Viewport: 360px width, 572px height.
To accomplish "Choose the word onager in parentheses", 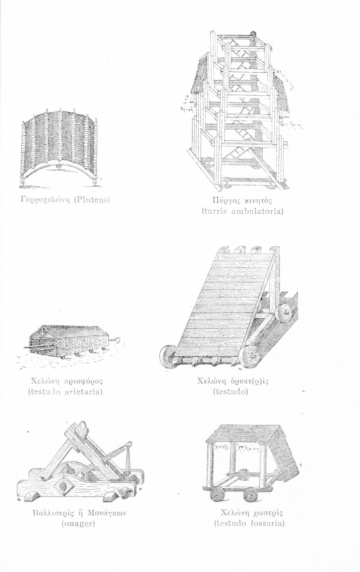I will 78,523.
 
